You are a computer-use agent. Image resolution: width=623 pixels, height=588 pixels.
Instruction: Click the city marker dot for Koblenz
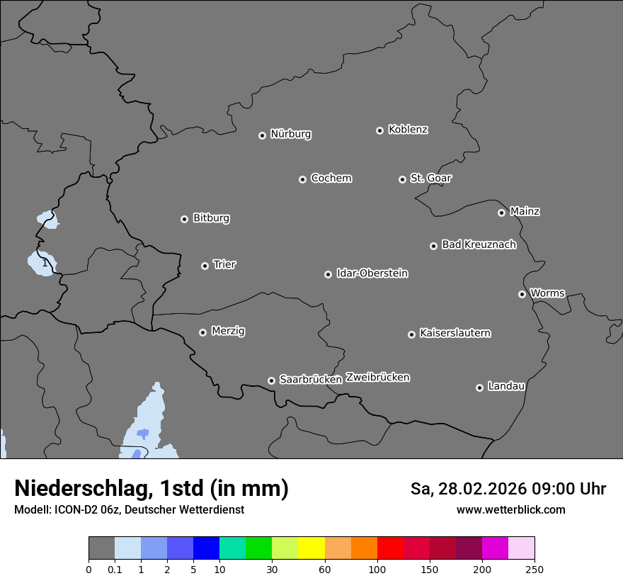379,130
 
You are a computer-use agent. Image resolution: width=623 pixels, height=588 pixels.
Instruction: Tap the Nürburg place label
290,134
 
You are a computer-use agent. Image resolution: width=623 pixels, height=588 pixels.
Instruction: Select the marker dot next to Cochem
302,179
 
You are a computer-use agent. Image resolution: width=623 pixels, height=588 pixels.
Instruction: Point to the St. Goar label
430,178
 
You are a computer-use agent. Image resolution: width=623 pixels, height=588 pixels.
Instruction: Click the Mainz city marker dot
501,213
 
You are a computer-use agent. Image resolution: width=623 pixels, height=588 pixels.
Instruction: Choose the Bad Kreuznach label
479,244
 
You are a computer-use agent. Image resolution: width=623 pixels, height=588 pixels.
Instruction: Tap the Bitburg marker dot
184,219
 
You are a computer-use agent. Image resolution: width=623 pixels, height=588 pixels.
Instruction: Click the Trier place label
224,264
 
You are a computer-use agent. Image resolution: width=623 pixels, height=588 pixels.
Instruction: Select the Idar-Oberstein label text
372,273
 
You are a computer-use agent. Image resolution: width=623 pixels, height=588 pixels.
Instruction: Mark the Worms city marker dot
522,294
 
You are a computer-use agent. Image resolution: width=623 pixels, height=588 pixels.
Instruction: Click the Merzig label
228,331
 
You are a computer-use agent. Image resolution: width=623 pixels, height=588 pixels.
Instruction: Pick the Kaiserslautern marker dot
411,334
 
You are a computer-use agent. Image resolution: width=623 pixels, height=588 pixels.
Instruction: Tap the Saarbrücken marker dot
271,380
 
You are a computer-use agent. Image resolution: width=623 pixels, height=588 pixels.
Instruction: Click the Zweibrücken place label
377,377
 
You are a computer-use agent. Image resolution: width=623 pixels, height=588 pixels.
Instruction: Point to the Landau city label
506,386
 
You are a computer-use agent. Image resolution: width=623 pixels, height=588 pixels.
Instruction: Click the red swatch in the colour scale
390,548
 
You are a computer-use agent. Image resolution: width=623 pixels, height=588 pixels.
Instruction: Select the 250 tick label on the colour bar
535,569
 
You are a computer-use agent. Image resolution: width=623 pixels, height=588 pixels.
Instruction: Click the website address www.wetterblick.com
510,509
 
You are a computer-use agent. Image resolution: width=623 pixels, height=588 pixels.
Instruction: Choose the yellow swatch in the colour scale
311,548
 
